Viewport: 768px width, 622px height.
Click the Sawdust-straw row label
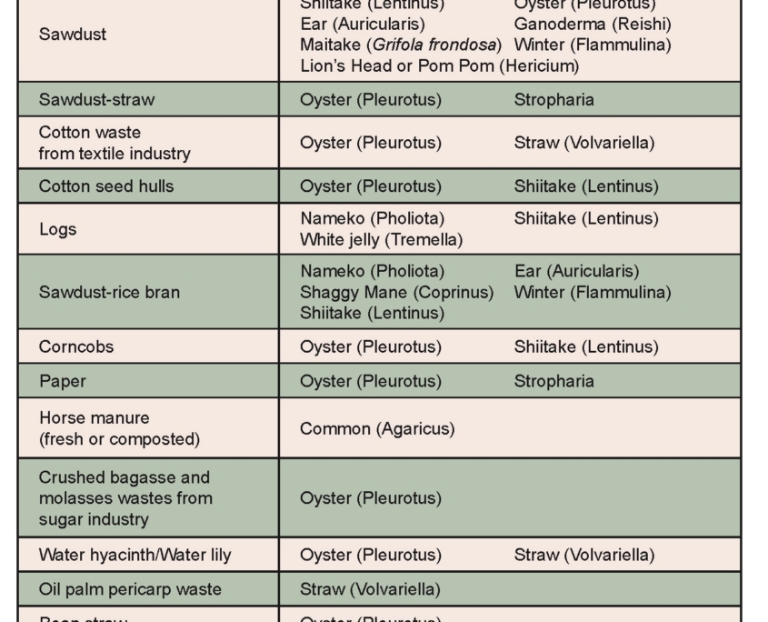pyautogui.click(x=89, y=100)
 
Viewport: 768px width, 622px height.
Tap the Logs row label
pyautogui.click(x=57, y=229)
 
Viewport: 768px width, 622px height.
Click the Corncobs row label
pyautogui.click(x=76, y=347)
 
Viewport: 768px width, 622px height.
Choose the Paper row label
pyautogui.click(x=62, y=381)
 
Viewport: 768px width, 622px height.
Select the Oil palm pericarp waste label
pyautogui.click(x=130, y=589)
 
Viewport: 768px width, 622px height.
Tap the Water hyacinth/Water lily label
pyautogui.click(x=135, y=555)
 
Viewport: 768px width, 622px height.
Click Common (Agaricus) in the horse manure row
pyautogui.click(x=377, y=428)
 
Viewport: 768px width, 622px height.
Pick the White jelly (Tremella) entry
pyautogui.click(x=381, y=240)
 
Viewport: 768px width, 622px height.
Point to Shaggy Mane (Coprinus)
pyautogui.click(x=396, y=293)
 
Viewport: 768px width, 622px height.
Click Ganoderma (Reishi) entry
pyautogui.click(x=592, y=24)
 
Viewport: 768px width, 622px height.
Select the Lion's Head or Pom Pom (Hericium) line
pyautogui.click(x=439, y=66)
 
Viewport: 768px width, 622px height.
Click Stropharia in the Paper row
pyautogui.click(x=554, y=381)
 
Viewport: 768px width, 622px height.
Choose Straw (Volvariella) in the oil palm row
pyautogui.click(x=370, y=589)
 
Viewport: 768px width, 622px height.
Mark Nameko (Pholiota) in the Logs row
pyautogui.click(x=372, y=218)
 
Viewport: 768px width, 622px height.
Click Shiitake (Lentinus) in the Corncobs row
pyautogui.click(x=586, y=347)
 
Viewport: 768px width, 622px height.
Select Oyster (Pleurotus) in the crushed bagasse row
pyautogui.click(x=370, y=498)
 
